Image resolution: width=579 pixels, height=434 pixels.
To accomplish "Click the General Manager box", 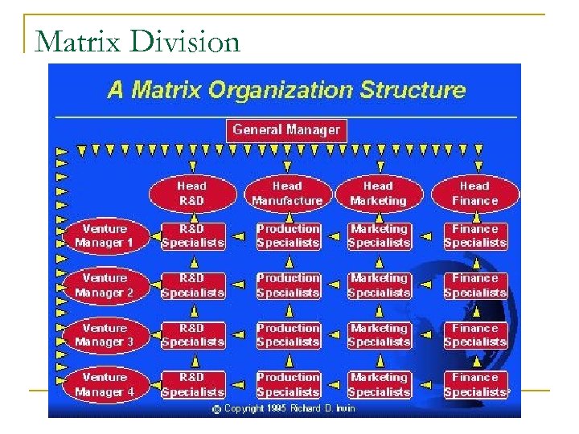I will [x=286, y=129].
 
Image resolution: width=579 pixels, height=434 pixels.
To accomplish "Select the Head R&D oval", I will [x=191, y=194].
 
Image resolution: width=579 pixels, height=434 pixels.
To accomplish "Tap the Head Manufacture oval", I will [x=287, y=194].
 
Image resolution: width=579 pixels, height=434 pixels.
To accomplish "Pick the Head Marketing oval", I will [x=378, y=194].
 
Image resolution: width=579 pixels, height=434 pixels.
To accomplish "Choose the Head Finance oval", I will [x=474, y=194].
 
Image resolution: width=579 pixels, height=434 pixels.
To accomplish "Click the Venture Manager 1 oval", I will [x=105, y=235].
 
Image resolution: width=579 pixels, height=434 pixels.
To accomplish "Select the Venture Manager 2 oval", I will [x=105, y=285].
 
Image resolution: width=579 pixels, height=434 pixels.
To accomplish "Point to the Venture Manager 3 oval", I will [x=105, y=335].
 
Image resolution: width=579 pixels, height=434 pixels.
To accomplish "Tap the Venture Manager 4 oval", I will [x=105, y=385].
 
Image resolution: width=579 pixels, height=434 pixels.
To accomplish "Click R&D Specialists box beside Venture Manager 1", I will [x=193, y=235].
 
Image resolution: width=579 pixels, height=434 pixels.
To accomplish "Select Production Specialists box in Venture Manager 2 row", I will [x=288, y=285].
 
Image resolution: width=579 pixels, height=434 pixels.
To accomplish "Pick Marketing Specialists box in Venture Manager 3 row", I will [x=379, y=335].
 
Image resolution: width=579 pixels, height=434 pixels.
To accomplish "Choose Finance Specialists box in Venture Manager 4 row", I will [x=475, y=385].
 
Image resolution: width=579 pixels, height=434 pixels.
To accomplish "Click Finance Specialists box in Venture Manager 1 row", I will [x=475, y=235].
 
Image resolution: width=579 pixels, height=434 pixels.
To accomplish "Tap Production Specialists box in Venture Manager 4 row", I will [x=288, y=385].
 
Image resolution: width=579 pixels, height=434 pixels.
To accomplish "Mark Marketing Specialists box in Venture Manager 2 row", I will [x=379, y=285].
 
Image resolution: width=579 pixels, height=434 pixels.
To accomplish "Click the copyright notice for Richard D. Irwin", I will [x=283, y=409].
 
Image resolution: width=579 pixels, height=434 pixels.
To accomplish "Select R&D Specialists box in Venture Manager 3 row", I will [x=193, y=335].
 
